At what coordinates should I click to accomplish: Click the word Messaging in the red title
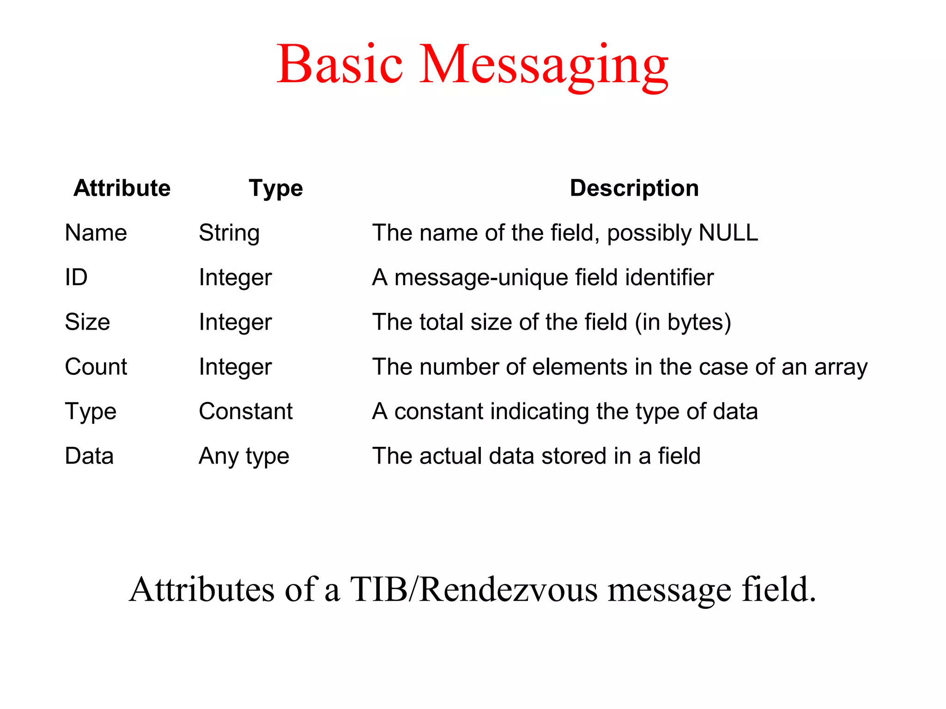pyautogui.click(x=544, y=65)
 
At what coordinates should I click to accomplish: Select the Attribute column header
pyautogui.click(x=122, y=188)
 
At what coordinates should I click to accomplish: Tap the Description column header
pyautogui.click(x=634, y=188)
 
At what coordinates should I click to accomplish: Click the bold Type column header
pyautogui.click(x=276, y=188)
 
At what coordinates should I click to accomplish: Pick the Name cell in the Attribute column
pyautogui.click(x=96, y=233)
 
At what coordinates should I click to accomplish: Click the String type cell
pyautogui.click(x=229, y=233)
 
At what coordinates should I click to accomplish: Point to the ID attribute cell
pyautogui.click(x=76, y=277)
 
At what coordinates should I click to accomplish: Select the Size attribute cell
pyautogui.click(x=87, y=322)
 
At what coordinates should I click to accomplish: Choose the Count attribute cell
pyautogui.click(x=96, y=367)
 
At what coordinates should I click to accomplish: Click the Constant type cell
pyautogui.click(x=246, y=411)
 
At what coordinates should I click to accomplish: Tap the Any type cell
pyautogui.click(x=244, y=457)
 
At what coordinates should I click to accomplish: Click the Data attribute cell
pyautogui.click(x=89, y=456)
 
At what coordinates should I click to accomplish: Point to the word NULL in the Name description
pyautogui.click(x=728, y=233)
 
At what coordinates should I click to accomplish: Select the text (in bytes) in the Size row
pyautogui.click(x=683, y=322)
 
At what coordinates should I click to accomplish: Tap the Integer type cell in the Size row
pyautogui.click(x=235, y=322)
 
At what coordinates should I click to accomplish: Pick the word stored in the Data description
pyautogui.click(x=574, y=456)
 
